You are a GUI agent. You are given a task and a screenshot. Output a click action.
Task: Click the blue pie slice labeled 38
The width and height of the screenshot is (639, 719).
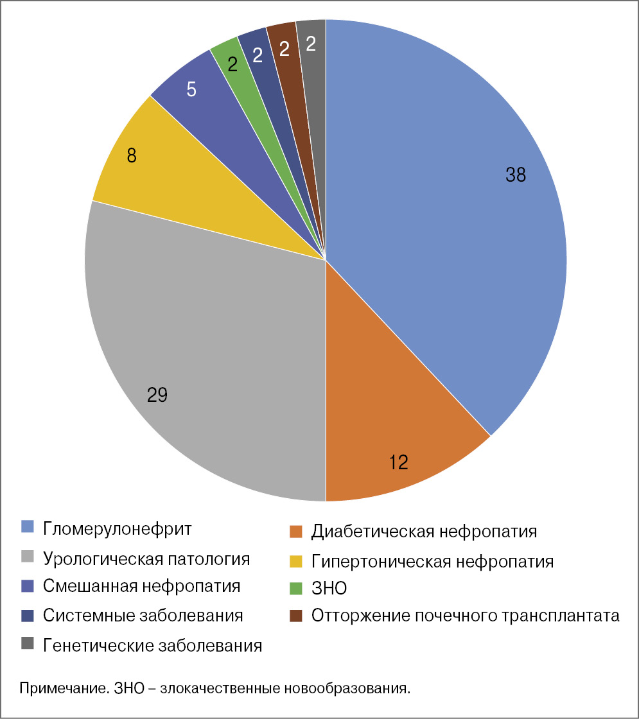pos(450,212)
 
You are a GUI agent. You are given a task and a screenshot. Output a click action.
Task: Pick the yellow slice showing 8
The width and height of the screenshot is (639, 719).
pos(161,180)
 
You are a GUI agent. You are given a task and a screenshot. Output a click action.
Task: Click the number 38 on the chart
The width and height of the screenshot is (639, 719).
pos(515,175)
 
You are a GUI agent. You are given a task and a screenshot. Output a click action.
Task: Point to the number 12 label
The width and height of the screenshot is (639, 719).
pos(398,462)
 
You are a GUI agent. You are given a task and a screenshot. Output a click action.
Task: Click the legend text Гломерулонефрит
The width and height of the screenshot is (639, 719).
pos(118,530)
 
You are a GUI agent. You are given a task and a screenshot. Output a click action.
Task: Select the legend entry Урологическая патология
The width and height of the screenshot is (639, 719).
pos(146,559)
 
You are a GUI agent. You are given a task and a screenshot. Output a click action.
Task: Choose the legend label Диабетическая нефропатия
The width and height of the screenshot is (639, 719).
pos(424,532)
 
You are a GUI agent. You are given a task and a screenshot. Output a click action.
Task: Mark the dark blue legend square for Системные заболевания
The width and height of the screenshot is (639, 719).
pos(27,616)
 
